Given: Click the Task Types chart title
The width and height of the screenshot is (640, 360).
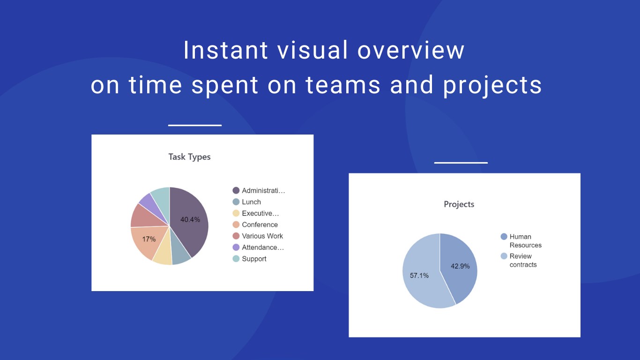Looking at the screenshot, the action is pyautogui.click(x=189, y=157).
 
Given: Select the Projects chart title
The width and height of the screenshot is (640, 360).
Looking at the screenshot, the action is pyautogui.click(x=459, y=204).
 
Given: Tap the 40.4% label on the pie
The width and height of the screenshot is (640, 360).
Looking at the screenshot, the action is pyautogui.click(x=190, y=219).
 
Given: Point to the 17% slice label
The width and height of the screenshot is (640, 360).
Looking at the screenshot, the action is pyautogui.click(x=149, y=239).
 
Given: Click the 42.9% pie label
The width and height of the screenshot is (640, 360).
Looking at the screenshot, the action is pyautogui.click(x=460, y=266).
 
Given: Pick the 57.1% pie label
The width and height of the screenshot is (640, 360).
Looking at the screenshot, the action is pyautogui.click(x=419, y=275).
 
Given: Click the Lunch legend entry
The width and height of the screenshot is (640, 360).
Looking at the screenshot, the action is pyautogui.click(x=247, y=202).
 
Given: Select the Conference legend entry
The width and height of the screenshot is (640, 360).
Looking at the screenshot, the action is pyautogui.click(x=255, y=225).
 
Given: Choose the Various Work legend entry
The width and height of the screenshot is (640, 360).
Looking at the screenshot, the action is pyautogui.click(x=258, y=236).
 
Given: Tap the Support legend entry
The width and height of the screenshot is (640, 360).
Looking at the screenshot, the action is pyautogui.click(x=249, y=259).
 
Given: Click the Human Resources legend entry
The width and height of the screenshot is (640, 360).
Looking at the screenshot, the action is pyautogui.click(x=521, y=241).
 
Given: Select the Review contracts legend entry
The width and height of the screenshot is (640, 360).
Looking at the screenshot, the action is pyautogui.click(x=519, y=260).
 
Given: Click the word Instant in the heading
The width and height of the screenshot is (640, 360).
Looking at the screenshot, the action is pyautogui.click(x=226, y=50).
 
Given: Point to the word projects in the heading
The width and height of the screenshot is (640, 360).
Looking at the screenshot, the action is pyautogui.click(x=492, y=85).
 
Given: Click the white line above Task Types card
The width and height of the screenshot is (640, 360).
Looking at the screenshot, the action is pyautogui.click(x=195, y=125).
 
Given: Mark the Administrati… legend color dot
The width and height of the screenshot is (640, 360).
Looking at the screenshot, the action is pyautogui.click(x=236, y=190).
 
